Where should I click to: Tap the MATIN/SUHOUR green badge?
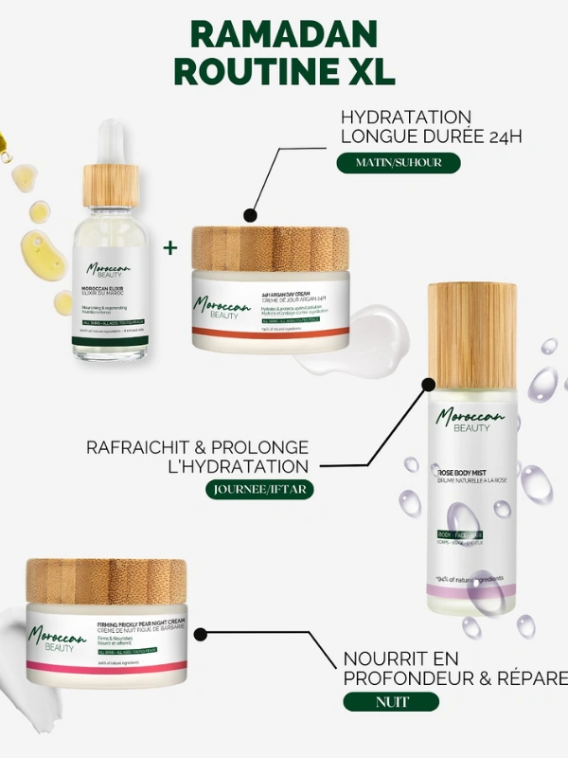point(398,162)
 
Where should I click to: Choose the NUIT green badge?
point(390,702)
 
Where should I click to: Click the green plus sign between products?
point(170,247)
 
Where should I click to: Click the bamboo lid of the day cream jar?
point(270,248)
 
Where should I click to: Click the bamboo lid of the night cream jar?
point(106,581)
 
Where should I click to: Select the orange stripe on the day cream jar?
point(270,334)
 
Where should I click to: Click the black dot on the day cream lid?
point(250,215)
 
